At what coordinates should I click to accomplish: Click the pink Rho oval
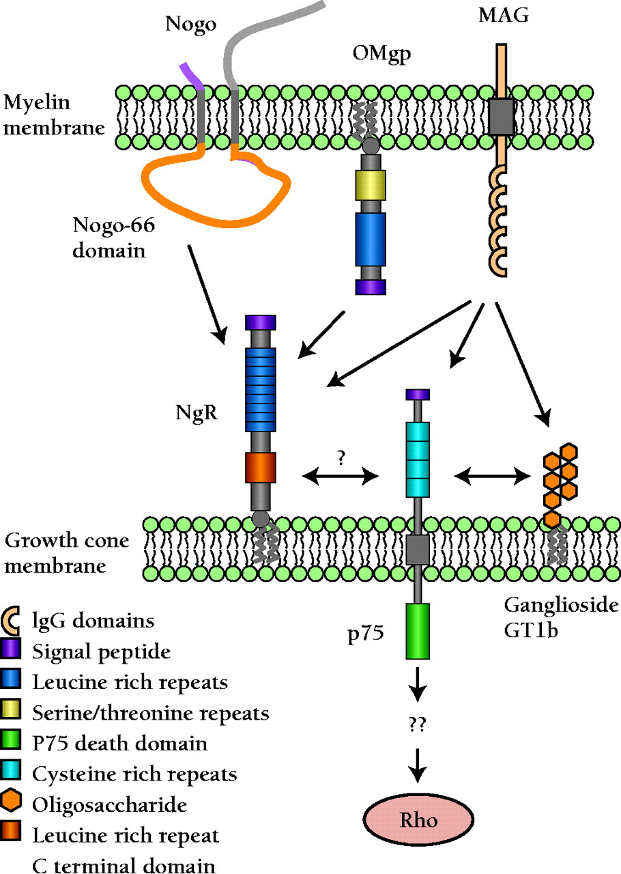pos(417,819)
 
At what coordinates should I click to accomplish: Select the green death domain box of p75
pos(417,630)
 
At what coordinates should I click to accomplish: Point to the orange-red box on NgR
pos(260,469)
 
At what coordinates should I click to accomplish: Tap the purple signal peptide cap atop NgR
pos(260,322)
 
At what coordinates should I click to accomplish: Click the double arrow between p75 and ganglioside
pos(493,476)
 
